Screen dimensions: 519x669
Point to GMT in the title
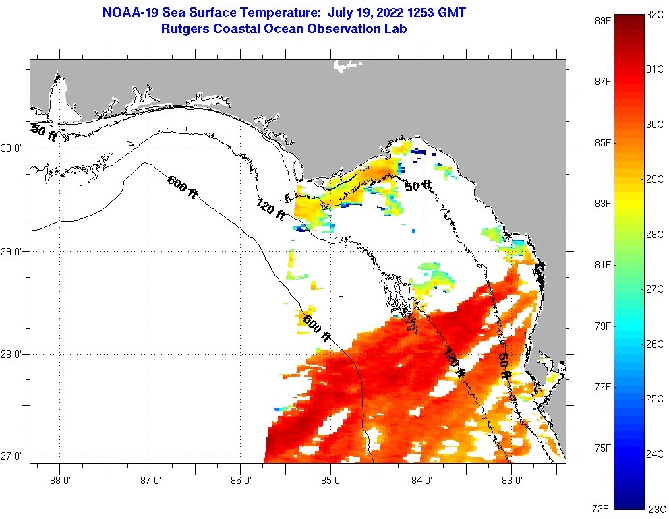450,13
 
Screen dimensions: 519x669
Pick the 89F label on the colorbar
602,21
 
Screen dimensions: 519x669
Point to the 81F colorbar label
602,264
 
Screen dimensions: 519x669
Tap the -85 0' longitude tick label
330,481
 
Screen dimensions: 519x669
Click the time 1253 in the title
418,13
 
